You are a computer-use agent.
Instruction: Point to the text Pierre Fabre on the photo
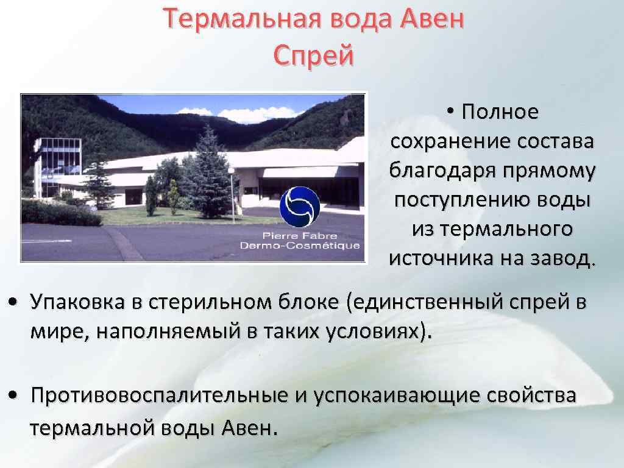pyautogui.click(x=299, y=235)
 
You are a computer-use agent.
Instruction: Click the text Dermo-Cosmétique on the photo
pyautogui.click(x=299, y=246)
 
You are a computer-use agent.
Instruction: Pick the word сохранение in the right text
pyautogui.click(x=440, y=141)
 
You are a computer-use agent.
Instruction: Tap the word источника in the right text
pyautogui.click(x=433, y=258)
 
